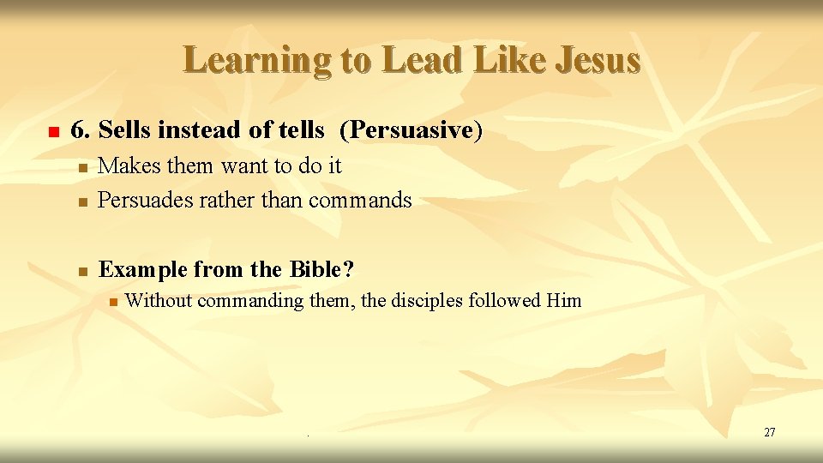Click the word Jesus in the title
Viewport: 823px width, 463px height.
598,60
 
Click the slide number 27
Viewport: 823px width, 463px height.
769,432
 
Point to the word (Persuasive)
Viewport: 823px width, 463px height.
411,130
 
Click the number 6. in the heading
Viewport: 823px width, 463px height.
81,130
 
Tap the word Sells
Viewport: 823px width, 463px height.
125,130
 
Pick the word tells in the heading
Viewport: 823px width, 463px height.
302,130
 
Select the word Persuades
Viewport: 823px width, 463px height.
146,201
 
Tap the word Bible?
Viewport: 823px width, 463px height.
321,270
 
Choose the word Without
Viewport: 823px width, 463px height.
159,301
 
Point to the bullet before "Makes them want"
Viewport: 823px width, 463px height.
81,167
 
